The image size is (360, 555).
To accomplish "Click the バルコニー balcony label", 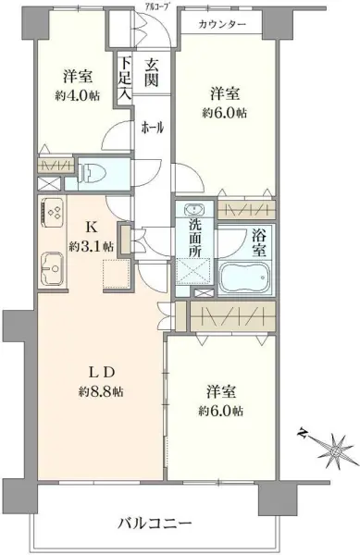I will [154, 523].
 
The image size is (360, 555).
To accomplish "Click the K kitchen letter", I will [91, 228].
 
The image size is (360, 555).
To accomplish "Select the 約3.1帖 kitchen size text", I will [91, 247].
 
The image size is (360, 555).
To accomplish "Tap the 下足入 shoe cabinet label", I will [124, 80].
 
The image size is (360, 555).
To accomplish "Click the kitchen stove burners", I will [53, 215].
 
